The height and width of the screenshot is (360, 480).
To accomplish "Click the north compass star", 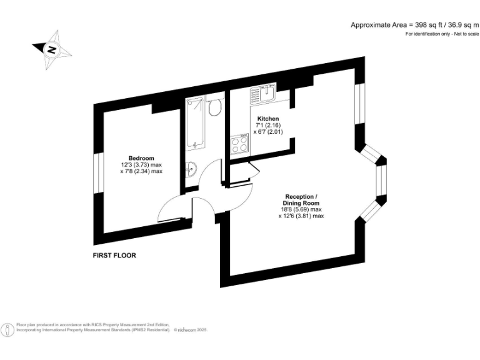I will (51, 49).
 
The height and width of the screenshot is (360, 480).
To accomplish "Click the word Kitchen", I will (267, 119).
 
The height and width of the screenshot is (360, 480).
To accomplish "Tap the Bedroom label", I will (141, 158).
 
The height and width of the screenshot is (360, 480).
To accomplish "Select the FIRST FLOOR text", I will (114, 256).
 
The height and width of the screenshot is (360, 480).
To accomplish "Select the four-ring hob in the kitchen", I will (239, 145).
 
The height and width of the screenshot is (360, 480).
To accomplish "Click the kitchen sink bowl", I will (269, 94).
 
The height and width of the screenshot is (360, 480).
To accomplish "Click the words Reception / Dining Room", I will (301, 199).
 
